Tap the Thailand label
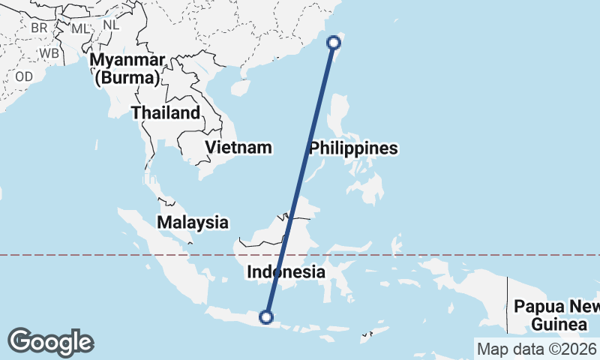pos(166,113)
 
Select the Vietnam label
pos(238,147)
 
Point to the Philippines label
pos(352,148)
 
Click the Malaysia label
pos(193,222)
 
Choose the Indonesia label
pos(286,272)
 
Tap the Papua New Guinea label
pos(557,315)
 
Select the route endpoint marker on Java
pos(266,317)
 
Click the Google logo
pos(51,342)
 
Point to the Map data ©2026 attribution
pos(536,349)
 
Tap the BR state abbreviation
pos(40,28)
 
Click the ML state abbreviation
pos(79,28)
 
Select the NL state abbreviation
pos(111,24)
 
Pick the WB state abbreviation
pos(49,54)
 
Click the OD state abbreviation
pos(24,76)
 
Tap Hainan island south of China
pos(239,88)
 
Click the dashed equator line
pos(450,255)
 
